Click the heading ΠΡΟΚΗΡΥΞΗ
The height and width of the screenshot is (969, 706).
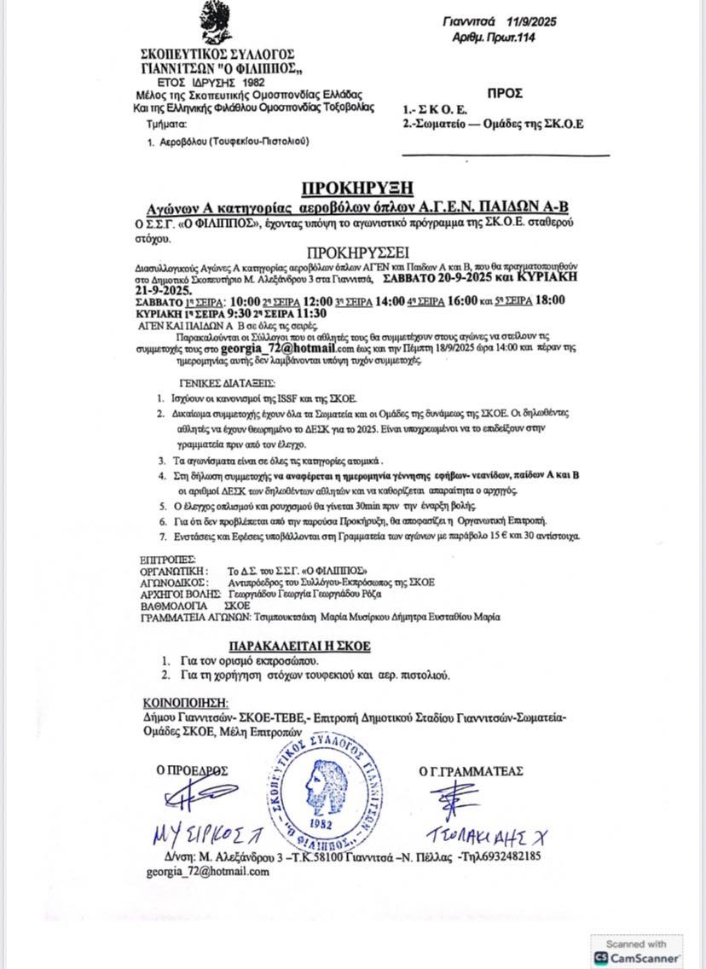point(358,188)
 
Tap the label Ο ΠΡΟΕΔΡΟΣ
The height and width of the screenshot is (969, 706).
point(192,770)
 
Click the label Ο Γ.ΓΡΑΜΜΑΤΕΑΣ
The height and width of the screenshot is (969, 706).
point(471,771)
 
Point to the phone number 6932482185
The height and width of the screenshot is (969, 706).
point(511,856)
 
